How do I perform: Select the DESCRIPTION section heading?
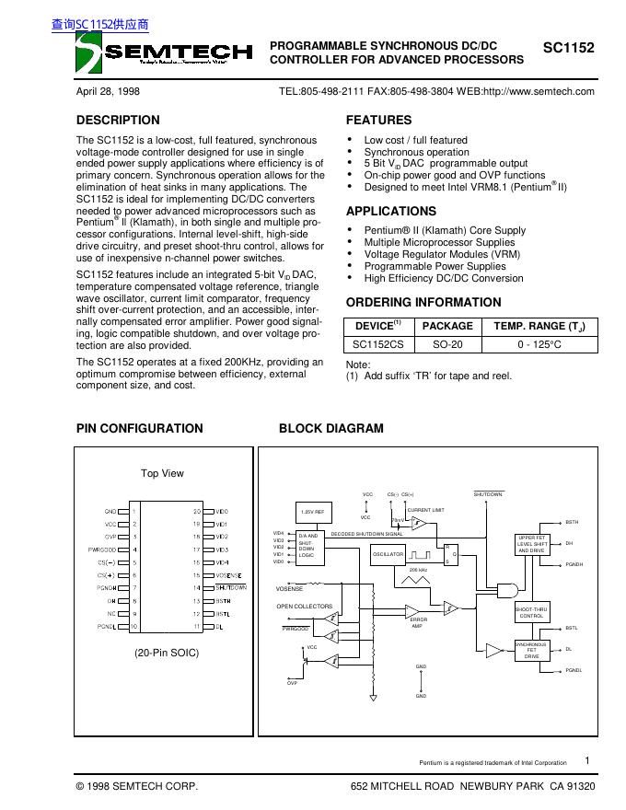click(118, 120)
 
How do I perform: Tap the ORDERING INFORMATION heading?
click(423, 302)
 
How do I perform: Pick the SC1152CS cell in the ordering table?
click(377, 344)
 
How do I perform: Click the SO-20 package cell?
click(446, 344)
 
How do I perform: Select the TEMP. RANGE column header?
click(539, 326)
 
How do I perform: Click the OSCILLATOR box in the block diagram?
click(388, 555)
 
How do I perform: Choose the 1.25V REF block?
click(312, 511)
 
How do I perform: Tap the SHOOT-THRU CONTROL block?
click(532, 612)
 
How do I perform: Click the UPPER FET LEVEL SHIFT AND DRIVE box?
click(532, 544)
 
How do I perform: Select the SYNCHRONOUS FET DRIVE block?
click(532, 651)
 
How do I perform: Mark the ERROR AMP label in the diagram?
click(418, 622)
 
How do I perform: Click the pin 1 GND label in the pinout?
click(110, 511)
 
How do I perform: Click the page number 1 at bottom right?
click(587, 760)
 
